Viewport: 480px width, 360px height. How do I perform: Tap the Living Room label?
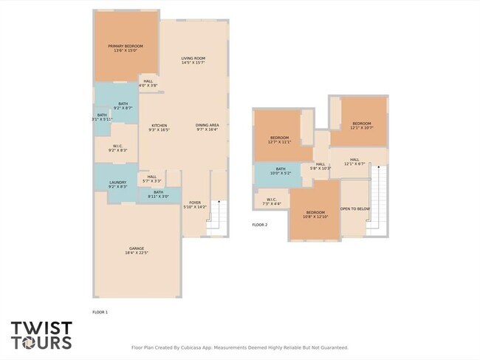[x=193, y=61]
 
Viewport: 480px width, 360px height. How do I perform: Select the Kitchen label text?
[x=160, y=127]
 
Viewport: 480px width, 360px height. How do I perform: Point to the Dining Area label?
[x=207, y=127]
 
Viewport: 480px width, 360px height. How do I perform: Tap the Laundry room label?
[x=118, y=184]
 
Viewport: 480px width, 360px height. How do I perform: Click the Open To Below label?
[x=354, y=209]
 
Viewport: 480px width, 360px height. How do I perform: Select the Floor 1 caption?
[x=100, y=313]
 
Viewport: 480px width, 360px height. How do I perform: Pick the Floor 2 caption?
[x=260, y=225]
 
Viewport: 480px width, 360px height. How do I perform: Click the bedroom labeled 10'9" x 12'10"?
[x=315, y=214]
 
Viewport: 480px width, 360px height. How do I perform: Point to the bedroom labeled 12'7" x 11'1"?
[x=280, y=140]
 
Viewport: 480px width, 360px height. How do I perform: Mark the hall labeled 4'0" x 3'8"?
[x=148, y=83]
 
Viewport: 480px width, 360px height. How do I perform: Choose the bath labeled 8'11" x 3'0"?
[x=158, y=194]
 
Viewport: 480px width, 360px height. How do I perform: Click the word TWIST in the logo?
[x=41, y=327]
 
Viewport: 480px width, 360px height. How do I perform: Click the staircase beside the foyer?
[x=216, y=216]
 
